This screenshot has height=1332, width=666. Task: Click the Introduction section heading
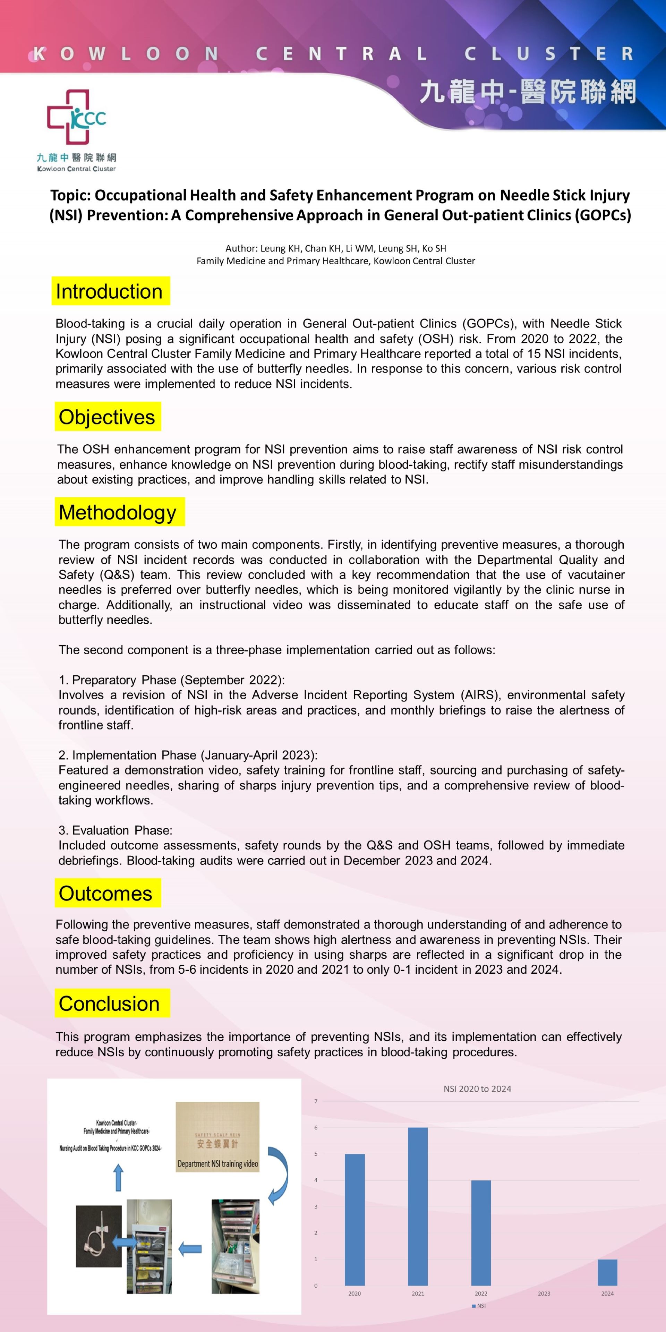[x=110, y=291]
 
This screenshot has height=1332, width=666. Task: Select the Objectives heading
[x=107, y=417]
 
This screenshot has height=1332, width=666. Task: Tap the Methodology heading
[x=118, y=512]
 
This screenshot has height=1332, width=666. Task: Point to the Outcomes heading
[x=106, y=893]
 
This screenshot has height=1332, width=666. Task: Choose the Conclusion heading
[x=110, y=1003]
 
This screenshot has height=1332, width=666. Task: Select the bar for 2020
[x=355, y=1220]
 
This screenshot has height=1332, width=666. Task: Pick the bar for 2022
[x=481, y=1233]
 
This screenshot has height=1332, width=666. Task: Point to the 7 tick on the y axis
[x=316, y=1101]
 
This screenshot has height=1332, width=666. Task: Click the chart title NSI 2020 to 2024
[x=477, y=1089]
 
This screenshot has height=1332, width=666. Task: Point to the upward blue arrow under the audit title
[x=118, y=1178]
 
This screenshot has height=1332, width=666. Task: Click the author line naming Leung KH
[x=335, y=248]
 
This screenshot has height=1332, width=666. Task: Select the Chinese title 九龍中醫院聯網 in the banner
[x=527, y=92]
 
